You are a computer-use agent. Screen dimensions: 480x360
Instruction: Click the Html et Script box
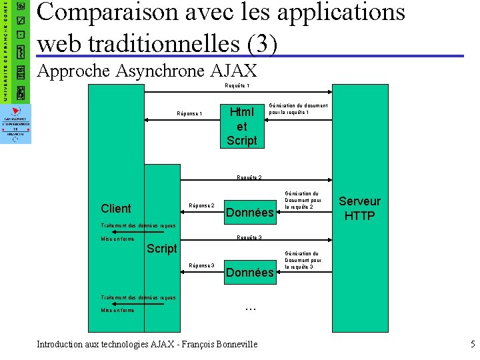[241, 126]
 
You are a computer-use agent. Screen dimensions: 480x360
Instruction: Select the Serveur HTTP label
[359, 208]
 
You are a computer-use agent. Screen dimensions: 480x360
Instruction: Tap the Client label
[116, 208]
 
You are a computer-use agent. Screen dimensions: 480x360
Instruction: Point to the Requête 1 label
[237, 85]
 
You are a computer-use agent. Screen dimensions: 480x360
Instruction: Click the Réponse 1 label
[189, 114]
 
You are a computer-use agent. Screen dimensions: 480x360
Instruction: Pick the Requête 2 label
[249, 178]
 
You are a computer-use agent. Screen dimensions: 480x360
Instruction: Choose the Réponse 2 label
[201, 205]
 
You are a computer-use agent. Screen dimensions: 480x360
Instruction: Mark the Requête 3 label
[249, 238]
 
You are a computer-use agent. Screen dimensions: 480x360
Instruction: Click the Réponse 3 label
[201, 265]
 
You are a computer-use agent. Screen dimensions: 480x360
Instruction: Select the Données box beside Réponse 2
[250, 213]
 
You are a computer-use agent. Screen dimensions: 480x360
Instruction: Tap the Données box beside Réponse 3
[250, 272]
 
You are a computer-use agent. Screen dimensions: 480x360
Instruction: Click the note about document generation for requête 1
[298, 109]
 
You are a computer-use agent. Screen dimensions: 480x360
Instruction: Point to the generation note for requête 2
[303, 201]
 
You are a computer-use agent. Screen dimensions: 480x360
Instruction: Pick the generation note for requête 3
[303, 260]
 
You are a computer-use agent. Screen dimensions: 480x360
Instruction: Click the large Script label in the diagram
[162, 249]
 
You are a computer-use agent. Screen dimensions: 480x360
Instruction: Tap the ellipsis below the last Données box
[251, 307]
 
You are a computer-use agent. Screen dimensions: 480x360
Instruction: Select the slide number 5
[472, 344]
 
